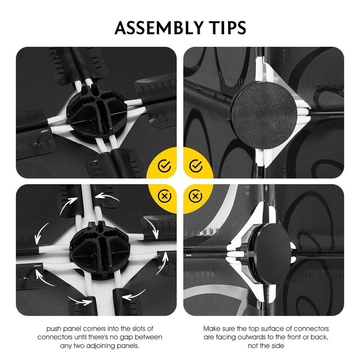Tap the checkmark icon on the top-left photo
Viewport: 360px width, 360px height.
tap(164, 166)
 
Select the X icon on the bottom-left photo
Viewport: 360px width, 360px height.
tap(164, 196)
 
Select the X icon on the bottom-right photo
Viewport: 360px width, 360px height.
tap(195, 196)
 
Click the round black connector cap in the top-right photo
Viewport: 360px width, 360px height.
tap(264, 115)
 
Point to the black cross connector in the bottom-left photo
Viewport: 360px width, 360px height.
tap(100, 250)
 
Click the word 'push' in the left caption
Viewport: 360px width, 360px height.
tap(54, 329)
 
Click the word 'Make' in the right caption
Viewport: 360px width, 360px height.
tap(212, 329)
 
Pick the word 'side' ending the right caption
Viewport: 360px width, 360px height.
tap(278, 346)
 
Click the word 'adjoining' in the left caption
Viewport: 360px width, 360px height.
tap(100, 346)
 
